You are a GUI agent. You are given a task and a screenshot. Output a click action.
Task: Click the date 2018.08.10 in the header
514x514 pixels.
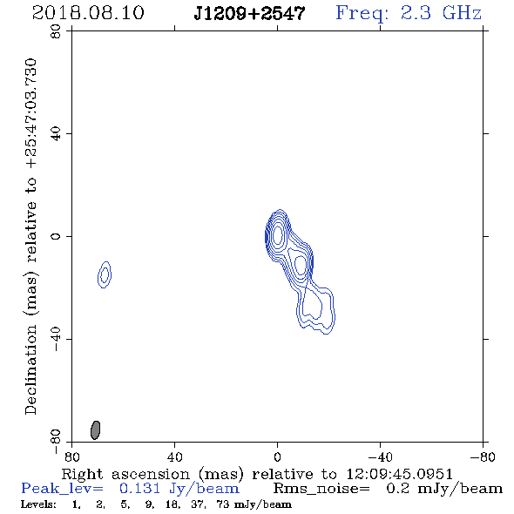pos(88,13)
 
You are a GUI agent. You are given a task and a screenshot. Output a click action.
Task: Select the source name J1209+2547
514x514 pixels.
pos(249,13)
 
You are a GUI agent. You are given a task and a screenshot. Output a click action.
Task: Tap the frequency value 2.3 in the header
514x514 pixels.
pos(416,13)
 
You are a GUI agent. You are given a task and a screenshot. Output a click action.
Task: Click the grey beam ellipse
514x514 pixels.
pos(95,430)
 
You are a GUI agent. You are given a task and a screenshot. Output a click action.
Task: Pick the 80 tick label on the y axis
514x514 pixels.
pos(56,31)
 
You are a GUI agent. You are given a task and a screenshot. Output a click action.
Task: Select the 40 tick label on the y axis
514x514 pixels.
pos(56,134)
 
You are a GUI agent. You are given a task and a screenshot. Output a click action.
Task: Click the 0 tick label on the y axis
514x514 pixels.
pos(56,236)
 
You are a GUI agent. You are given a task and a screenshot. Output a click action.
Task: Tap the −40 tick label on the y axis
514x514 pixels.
pos(56,339)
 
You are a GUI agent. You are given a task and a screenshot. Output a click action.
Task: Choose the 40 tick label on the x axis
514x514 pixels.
pos(174,457)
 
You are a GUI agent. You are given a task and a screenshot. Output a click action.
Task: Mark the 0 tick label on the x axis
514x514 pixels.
pos(277,457)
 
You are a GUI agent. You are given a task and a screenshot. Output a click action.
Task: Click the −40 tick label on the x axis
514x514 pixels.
pos(380,457)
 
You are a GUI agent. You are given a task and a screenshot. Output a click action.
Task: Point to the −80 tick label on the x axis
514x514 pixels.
pos(483,457)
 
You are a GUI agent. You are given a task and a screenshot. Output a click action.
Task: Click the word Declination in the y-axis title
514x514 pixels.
pos(30,370)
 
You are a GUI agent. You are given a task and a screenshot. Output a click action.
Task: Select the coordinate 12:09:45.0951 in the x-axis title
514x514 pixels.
pos(400,474)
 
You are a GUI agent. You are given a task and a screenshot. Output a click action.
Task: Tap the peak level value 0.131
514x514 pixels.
pos(139,489)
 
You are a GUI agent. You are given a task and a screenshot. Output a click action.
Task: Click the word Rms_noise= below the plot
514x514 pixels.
pos(321,489)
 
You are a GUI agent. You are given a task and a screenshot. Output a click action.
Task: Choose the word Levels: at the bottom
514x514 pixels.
pos(38,504)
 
